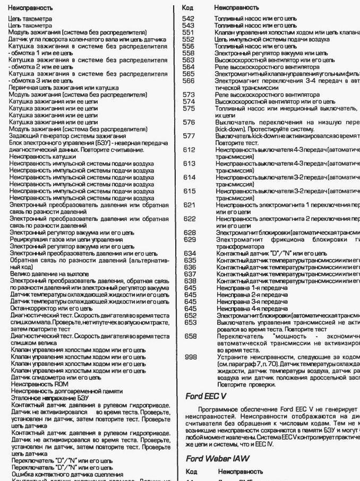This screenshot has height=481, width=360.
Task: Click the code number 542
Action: coord(187,19)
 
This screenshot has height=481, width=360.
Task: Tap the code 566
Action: coord(187,81)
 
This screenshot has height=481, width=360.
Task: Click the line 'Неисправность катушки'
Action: coord(38,157)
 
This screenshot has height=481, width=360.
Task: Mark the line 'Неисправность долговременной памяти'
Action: coord(63,390)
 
